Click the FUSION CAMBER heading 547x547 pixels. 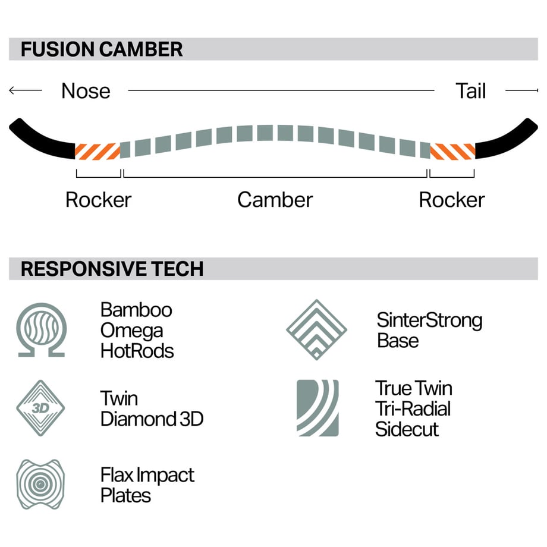point(102,49)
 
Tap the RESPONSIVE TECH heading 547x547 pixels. point(112,269)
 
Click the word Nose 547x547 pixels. point(86,91)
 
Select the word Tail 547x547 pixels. point(471,91)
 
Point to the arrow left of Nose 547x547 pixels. point(26,90)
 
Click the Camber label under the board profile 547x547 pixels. point(275,200)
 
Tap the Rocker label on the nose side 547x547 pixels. point(98,200)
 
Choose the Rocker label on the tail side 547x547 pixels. point(452,200)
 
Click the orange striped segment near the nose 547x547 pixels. point(98,151)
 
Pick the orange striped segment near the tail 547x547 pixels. point(452,151)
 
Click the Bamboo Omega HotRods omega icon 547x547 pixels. point(42,329)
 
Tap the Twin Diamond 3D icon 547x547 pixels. point(40,408)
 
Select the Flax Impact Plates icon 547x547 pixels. point(40,484)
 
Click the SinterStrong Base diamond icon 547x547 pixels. point(316,329)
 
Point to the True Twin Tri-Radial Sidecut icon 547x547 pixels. point(317,408)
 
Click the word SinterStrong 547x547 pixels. point(429,320)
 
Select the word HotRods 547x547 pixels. point(137,351)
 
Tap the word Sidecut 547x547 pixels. point(407,429)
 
